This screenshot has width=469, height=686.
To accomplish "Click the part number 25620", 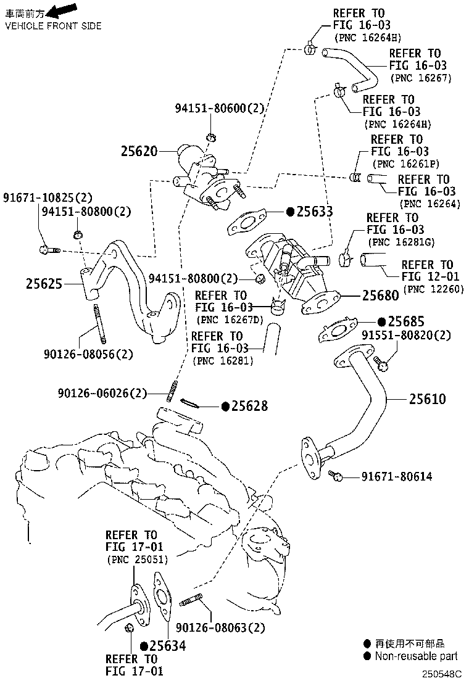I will click(x=139, y=151).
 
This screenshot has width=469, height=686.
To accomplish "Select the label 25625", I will click(x=44, y=284).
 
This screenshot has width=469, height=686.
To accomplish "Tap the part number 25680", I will click(x=380, y=295).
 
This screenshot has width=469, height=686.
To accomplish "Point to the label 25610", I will click(x=427, y=399).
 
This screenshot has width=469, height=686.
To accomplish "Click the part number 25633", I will click(x=315, y=212).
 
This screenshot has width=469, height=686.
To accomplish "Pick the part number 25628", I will click(x=251, y=406).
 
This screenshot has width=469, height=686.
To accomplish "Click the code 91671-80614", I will click(x=397, y=476).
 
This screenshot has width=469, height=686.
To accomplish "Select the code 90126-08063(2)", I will click(x=220, y=627).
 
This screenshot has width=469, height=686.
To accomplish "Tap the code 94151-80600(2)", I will click(x=219, y=109).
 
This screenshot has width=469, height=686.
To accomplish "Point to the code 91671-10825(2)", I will click(x=48, y=198).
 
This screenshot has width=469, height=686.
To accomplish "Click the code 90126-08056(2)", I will click(x=88, y=354).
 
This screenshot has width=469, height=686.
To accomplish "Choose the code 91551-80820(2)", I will click(x=406, y=336).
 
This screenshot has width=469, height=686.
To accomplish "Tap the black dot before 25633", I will click(x=290, y=212).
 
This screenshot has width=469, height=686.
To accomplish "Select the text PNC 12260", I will click(x=433, y=289).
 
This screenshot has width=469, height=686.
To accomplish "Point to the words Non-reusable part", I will click(x=417, y=656).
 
